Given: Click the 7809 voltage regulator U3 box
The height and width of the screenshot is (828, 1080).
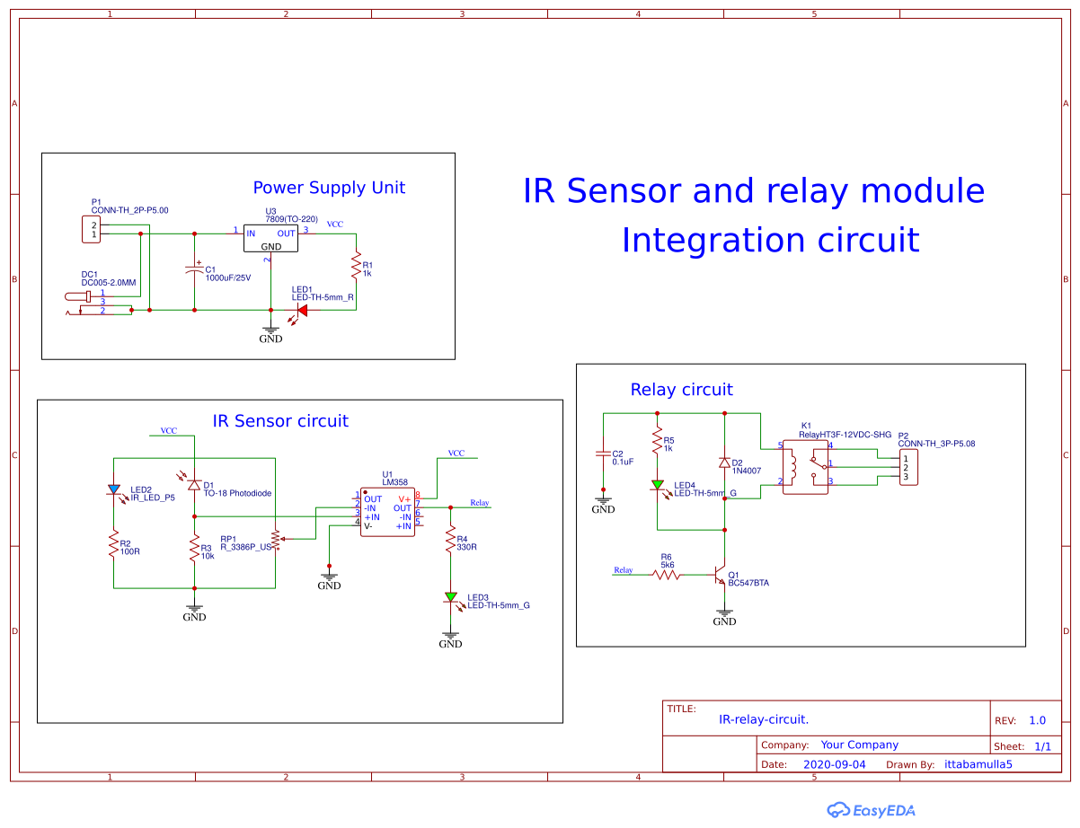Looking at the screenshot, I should pyautogui.click(x=270, y=239).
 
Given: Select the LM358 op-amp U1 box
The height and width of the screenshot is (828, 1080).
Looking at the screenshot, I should pyautogui.click(x=387, y=512).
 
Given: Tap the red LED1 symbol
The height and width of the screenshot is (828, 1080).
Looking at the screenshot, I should pyautogui.click(x=302, y=311).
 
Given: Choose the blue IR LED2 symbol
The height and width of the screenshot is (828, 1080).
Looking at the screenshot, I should pyautogui.click(x=113, y=490).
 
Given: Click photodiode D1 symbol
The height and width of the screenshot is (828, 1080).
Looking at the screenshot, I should pyautogui.click(x=194, y=484).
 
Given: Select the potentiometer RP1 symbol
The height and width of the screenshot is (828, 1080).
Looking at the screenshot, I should pyautogui.click(x=276, y=539).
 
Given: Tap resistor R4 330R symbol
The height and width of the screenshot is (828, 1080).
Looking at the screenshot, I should pyautogui.click(x=450, y=541).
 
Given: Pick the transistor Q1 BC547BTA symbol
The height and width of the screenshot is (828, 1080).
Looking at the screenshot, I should pyautogui.click(x=720, y=575).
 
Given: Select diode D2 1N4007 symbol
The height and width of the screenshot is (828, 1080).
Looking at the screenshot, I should pyautogui.click(x=724, y=462).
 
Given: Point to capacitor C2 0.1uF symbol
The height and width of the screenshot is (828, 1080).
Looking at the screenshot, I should pyautogui.click(x=603, y=454).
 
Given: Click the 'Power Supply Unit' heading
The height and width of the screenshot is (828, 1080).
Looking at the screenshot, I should pyautogui.click(x=329, y=188).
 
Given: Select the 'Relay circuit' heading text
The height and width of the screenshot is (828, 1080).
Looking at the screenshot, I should pyautogui.click(x=681, y=390).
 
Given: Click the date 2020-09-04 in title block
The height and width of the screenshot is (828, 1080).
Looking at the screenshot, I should pyautogui.click(x=834, y=764).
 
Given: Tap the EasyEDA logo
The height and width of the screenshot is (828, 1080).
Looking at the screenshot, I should pyautogui.click(x=872, y=809).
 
